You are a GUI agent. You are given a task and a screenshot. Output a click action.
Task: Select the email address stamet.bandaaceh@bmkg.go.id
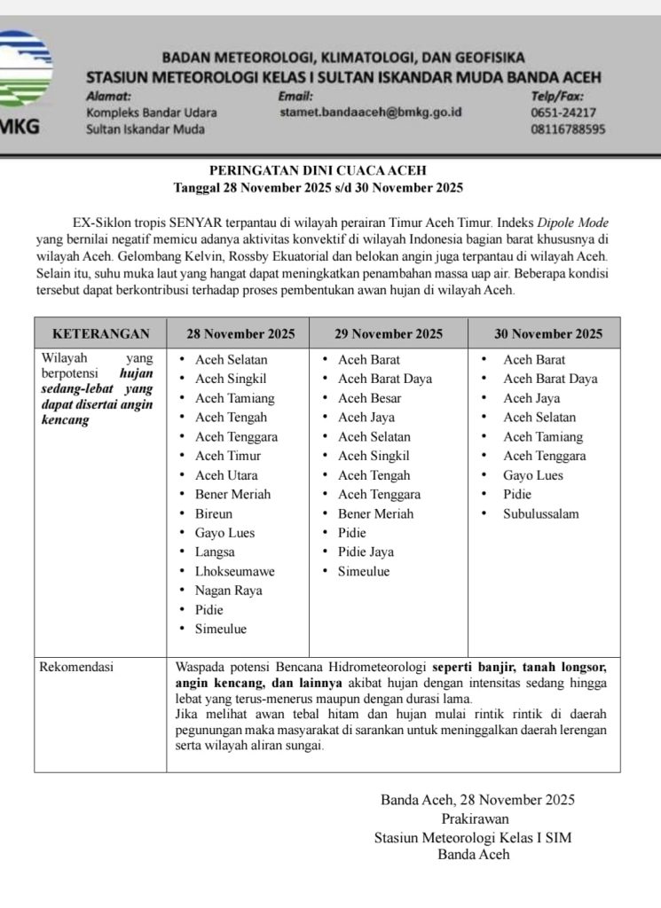pos(370,113)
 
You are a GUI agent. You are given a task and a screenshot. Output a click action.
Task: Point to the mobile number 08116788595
pos(568,129)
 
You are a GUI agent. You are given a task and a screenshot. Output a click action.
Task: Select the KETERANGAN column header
pos(100,334)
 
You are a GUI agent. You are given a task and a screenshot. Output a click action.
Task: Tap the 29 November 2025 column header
pos(388,334)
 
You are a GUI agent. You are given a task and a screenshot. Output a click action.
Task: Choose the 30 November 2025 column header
pos(547,334)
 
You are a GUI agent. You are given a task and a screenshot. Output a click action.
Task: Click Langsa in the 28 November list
pos(216,552)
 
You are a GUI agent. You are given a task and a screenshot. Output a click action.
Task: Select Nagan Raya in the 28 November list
pos(228,591)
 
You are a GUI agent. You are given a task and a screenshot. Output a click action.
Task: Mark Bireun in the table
pos(214,514)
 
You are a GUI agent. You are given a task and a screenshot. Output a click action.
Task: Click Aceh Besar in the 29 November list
pos(369,399)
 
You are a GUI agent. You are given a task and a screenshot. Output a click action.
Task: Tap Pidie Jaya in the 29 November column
pos(366,552)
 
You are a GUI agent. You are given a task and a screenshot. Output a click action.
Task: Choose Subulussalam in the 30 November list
pos(541,514)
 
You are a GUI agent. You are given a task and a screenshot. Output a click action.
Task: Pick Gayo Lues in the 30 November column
pos(533,476)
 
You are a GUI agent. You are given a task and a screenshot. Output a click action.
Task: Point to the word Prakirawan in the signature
pos(477,818)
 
